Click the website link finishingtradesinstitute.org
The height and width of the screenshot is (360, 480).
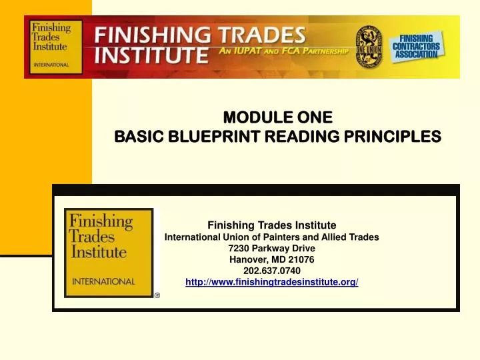tap(271, 283)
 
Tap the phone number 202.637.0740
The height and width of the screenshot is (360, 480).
tap(272, 271)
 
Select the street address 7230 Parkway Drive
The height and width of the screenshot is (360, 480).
tap(271, 248)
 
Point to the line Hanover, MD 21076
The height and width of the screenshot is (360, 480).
tap(272, 259)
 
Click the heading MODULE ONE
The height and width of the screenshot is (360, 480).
tap(277, 119)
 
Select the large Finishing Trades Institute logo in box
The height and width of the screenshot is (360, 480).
tap(108, 252)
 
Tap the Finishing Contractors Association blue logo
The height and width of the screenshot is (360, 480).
tap(417, 46)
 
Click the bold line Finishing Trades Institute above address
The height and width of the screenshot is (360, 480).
tap(271, 225)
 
